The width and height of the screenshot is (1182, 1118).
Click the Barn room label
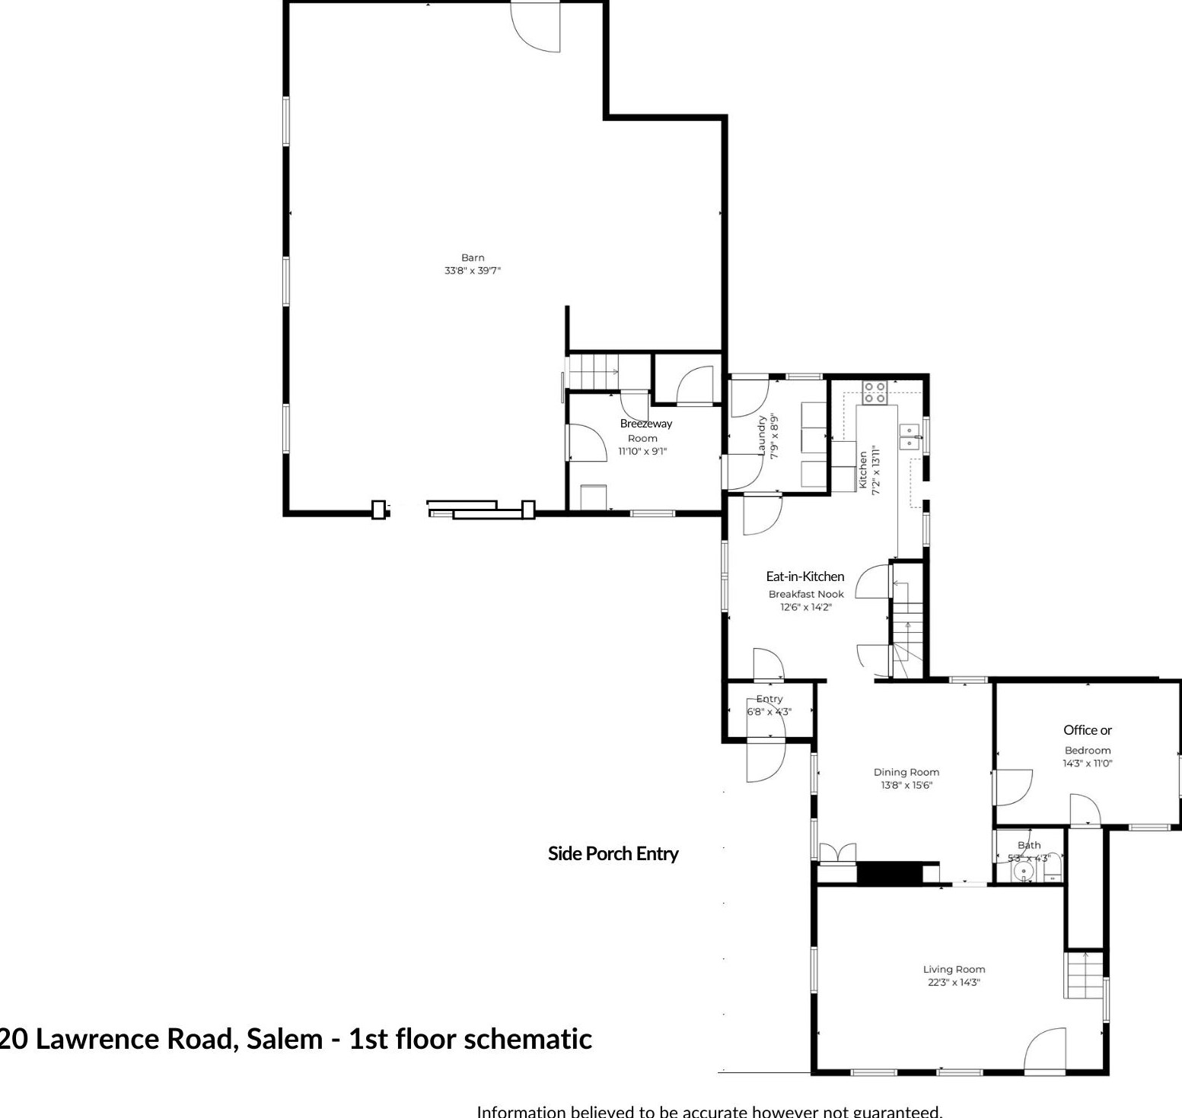pyautogui.click(x=473, y=258)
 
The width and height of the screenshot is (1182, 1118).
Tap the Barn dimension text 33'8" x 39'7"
pyautogui.click(x=473, y=271)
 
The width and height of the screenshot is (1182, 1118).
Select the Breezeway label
pyautogui.click(x=645, y=424)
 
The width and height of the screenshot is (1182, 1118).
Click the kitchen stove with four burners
pyautogui.click(x=874, y=392)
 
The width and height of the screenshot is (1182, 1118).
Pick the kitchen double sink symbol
pyautogui.click(x=910, y=437)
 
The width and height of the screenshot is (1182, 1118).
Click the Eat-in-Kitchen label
pyautogui.click(x=804, y=576)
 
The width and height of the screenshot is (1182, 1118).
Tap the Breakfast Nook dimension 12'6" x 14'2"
pyautogui.click(x=806, y=607)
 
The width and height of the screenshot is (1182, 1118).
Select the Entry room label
pyautogui.click(x=769, y=699)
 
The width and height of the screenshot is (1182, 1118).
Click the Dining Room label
pyautogui.click(x=906, y=773)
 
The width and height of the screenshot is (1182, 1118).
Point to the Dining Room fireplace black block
pyautogui.click(x=889, y=872)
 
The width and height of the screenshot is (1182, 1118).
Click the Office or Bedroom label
pyautogui.click(x=1087, y=730)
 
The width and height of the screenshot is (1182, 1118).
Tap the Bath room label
pyautogui.click(x=1029, y=845)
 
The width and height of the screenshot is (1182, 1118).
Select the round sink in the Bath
pyautogui.click(x=1024, y=872)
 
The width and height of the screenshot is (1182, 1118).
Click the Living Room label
pyautogui.click(x=954, y=970)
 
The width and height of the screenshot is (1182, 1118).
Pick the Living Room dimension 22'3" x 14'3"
pyautogui.click(x=954, y=983)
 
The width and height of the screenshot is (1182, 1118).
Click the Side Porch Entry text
pyautogui.click(x=613, y=854)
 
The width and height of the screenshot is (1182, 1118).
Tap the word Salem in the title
pyautogui.click(x=285, y=1039)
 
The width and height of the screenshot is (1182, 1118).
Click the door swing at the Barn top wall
pyautogui.click(x=537, y=27)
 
